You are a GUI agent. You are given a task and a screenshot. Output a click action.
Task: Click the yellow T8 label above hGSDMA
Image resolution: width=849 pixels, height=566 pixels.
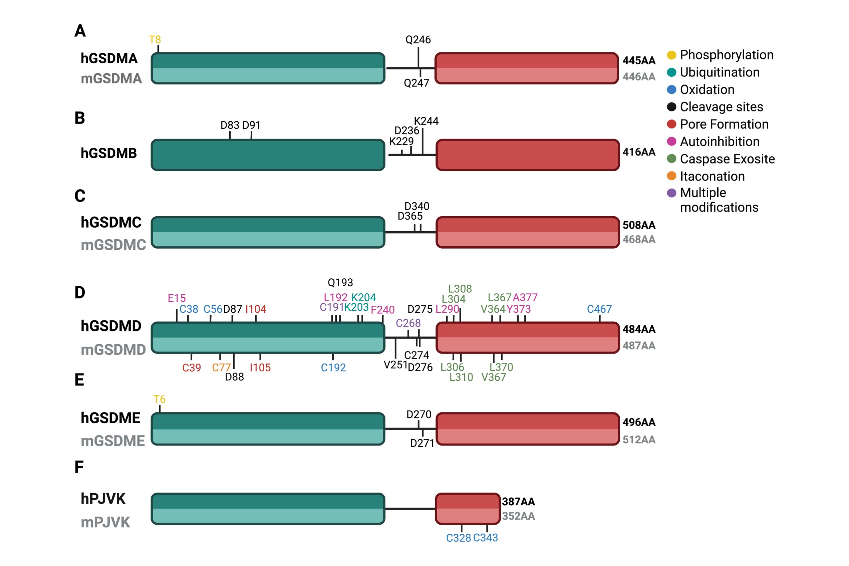pos(155,40)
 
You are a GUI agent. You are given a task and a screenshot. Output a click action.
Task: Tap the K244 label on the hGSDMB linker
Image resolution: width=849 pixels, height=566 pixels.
pos(426,121)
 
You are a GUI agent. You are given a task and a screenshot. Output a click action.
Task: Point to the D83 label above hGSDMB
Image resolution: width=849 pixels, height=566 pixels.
pos(230,125)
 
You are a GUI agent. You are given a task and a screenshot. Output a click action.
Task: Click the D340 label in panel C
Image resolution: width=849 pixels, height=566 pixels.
pos(416,206)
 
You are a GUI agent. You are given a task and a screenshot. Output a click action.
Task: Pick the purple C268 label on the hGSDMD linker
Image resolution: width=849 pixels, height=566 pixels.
pos(408,323)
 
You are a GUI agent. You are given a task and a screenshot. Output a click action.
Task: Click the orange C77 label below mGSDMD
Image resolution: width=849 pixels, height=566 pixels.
pos(221,367)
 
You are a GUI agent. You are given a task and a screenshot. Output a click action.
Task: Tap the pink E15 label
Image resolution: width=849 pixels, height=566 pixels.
pos(177,298)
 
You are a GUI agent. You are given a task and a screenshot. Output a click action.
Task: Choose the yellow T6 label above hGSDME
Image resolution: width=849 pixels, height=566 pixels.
pos(159,399)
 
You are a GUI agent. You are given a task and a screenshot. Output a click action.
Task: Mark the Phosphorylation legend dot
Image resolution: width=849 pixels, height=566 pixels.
pos(671,55)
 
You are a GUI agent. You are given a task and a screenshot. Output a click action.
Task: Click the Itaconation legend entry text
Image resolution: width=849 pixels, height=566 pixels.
pos(712,176)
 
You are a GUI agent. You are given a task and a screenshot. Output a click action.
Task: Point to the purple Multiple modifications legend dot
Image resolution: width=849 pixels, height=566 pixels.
pos(671,193)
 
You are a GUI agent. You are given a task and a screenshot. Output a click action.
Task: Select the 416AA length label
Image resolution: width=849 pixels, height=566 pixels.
pos(638,152)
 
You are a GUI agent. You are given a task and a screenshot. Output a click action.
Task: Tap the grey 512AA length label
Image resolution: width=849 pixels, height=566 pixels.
pos(638,440)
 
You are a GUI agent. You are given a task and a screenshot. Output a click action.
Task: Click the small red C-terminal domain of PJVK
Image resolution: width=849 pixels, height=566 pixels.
pos(468,509)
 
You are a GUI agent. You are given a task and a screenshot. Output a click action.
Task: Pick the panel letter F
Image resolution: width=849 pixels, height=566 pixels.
pos(79,467)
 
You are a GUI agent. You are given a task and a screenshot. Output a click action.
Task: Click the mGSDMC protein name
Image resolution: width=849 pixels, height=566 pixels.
pos(113,245)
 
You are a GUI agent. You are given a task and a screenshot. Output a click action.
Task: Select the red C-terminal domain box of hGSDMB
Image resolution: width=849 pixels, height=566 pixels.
pos(527,155)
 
